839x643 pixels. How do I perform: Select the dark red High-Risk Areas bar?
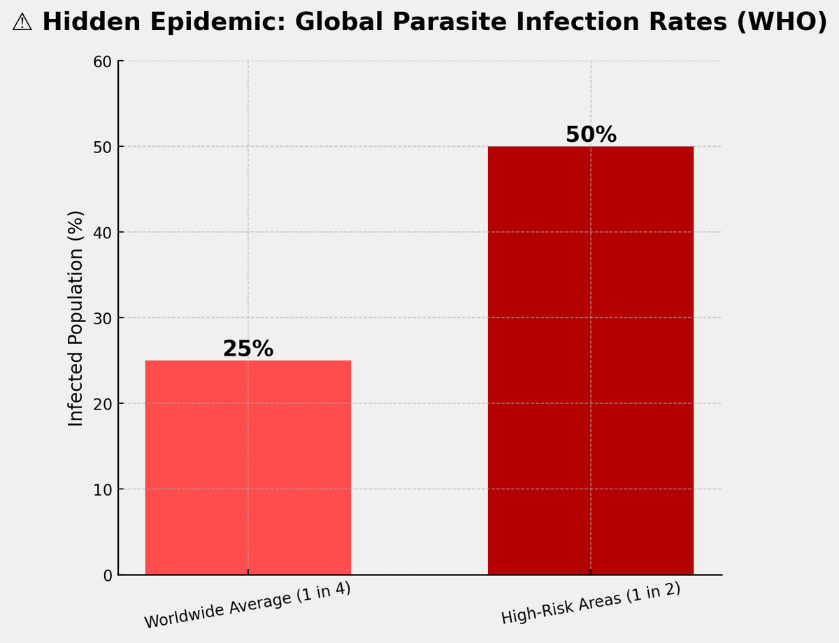click(x=590, y=360)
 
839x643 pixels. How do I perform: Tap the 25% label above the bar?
click(x=248, y=349)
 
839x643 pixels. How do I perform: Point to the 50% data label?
click(x=591, y=134)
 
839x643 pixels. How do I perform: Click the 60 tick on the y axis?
click(x=103, y=62)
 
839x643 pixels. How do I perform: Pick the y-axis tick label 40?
click(x=103, y=233)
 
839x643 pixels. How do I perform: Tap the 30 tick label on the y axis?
click(x=103, y=319)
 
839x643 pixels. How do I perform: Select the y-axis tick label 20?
click(x=103, y=404)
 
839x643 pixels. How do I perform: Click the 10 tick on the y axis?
click(x=103, y=490)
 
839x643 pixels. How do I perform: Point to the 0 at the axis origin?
click(x=107, y=576)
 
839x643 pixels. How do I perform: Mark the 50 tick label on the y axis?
click(x=103, y=147)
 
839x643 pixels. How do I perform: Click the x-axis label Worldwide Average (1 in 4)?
click(x=248, y=605)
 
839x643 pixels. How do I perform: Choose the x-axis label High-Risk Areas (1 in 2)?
click(x=591, y=604)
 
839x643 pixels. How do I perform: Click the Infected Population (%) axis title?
click(x=76, y=318)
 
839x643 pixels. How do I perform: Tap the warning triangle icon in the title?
click(x=22, y=22)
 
